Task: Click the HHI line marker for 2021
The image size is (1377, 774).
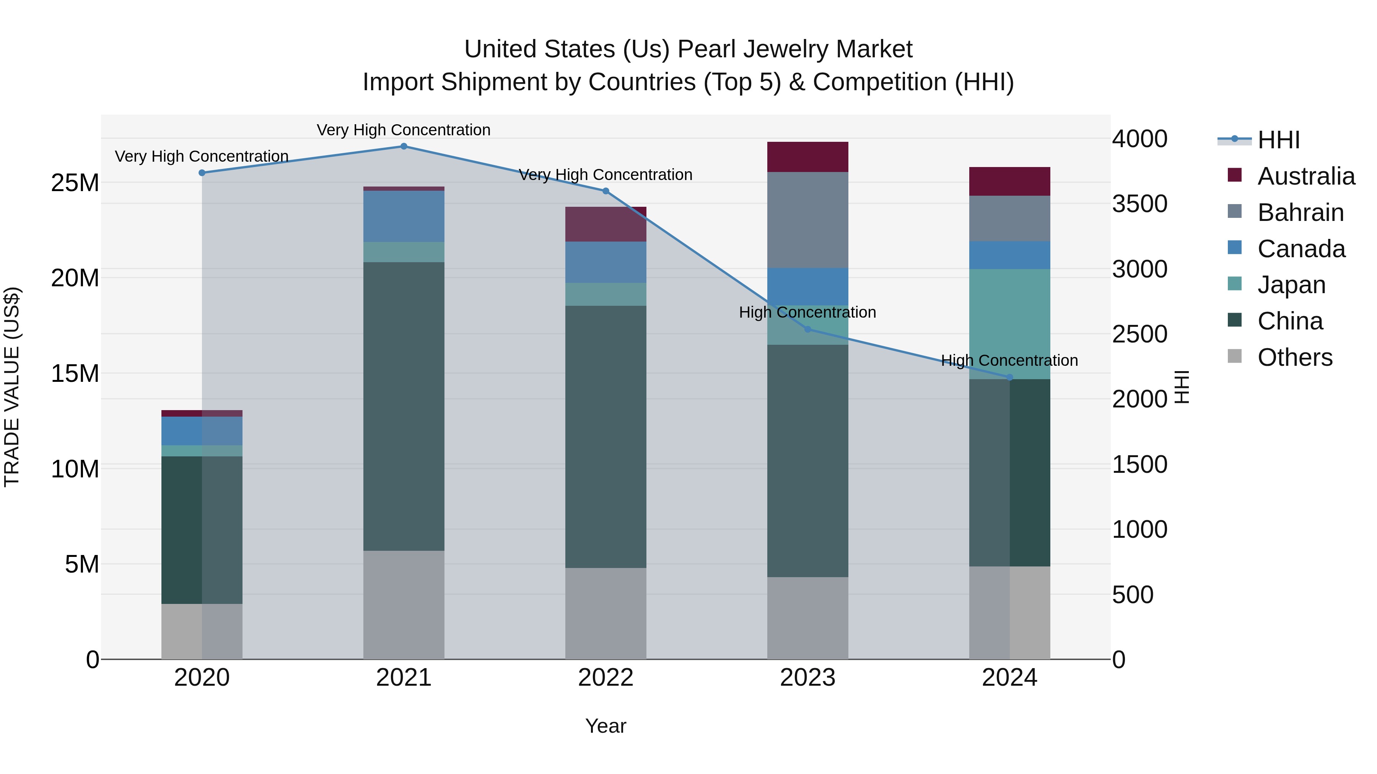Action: pos(404,146)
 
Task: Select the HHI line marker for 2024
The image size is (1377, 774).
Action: pos(1009,378)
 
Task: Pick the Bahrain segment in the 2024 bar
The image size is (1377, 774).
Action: pos(1009,219)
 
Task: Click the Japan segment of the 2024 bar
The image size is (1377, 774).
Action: pos(1009,324)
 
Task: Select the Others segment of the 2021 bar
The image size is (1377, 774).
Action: pos(404,605)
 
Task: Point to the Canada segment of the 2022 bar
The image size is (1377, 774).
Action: pos(605,262)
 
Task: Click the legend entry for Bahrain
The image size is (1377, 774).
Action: pos(1300,213)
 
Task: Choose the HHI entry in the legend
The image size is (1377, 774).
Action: pos(1278,140)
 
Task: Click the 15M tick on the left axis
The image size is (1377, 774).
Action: pos(75,373)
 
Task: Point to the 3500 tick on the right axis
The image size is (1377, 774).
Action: pos(1140,204)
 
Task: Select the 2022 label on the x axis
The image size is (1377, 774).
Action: pos(605,678)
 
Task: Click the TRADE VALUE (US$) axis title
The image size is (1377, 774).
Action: pos(12,387)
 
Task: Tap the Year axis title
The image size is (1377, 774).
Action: pos(605,726)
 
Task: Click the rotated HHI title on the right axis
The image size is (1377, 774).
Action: pos(1182,387)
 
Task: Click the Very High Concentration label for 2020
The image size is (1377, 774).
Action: pos(202,156)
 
